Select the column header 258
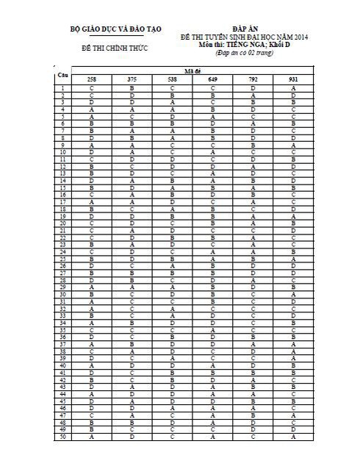(91, 79)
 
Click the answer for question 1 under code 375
(132, 88)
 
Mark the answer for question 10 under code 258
(91, 152)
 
